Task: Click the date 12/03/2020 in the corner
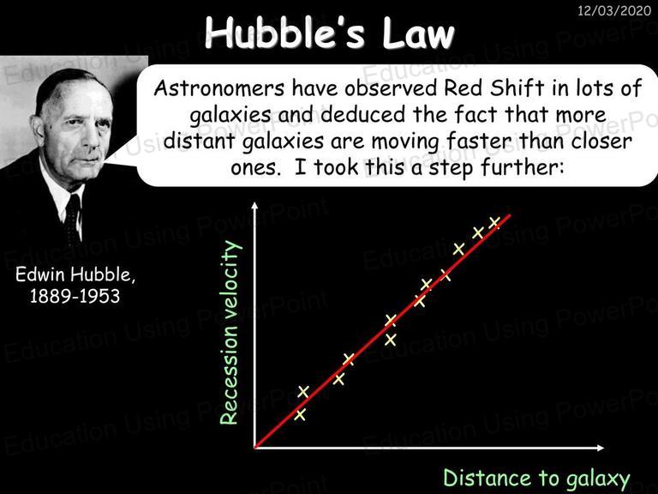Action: [614, 10]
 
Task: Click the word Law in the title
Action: [418, 33]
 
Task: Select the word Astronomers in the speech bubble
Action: [219, 88]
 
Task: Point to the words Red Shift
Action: [493, 87]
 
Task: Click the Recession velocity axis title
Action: [230, 332]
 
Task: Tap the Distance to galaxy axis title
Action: [536, 479]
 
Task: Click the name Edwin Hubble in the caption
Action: [75, 274]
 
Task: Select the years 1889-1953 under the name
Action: [75, 296]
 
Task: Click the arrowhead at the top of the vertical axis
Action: [254, 206]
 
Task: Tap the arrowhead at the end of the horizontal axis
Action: [600, 448]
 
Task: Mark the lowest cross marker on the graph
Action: [300, 415]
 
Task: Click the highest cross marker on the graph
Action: [493, 222]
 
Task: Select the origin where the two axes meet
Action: [254, 448]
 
